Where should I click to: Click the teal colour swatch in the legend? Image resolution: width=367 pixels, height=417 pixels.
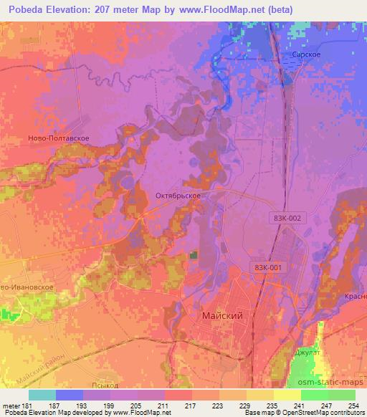coord(42,395)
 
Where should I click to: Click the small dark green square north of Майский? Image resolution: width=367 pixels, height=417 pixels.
coord(193,254)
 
